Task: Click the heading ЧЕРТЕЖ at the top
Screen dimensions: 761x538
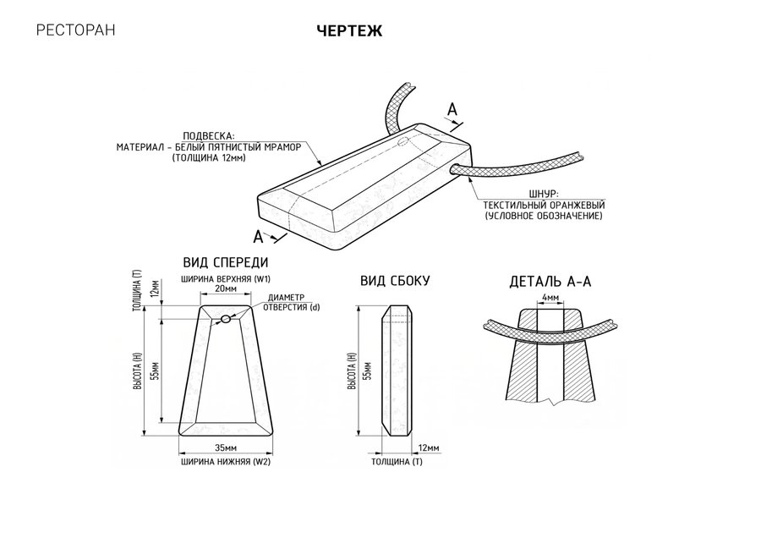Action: click(x=349, y=30)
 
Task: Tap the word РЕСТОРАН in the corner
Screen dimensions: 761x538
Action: click(x=76, y=30)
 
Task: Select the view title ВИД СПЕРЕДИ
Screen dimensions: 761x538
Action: click(x=226, y=263)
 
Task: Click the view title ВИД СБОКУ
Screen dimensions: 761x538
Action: click(x=395, y=281)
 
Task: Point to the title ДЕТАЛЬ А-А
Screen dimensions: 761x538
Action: click(x=550, y=282)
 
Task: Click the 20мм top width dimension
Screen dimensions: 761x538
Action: click(x=226, y=288)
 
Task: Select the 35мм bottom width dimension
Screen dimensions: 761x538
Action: click(x=226, y=447)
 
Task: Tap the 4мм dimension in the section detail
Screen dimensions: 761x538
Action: click(x=550, y=297)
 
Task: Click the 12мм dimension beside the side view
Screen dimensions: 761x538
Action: click(x=428, y=447)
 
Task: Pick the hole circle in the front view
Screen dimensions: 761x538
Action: click(x=226, y=319)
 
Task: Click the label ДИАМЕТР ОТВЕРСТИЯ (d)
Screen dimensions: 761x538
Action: click(x=291, y=303)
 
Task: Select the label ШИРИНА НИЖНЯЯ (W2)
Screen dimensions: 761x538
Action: click(x=226, y=462)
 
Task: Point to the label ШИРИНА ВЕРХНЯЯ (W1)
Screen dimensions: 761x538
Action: click(x=226, y=279)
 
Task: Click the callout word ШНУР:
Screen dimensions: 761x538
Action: click(x=544, y=195)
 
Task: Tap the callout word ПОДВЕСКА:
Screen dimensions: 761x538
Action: click(x=208, y=136)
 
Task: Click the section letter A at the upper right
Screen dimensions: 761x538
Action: click(x=452, y=110)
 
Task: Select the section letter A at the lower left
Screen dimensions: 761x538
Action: click(x=258, y=238)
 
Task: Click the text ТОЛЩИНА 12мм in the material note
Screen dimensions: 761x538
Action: click(x=209, y=158)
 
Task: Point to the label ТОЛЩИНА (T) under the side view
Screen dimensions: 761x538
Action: click(x=397, y=462)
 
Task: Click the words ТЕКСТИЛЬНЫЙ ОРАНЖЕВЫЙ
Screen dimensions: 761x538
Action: click(x=544, y=205)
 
